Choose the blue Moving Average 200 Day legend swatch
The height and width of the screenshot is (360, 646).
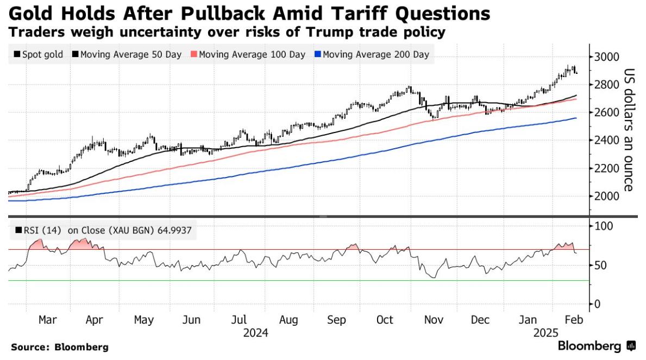click(x=318, y=54)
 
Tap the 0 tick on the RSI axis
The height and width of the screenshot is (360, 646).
click(x=597, y=304)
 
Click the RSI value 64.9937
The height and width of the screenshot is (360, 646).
click(x=174, y=231)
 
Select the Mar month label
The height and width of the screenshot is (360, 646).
click(x=47, y=320)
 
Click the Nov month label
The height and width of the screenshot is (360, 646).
click(x=432, y=320)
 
